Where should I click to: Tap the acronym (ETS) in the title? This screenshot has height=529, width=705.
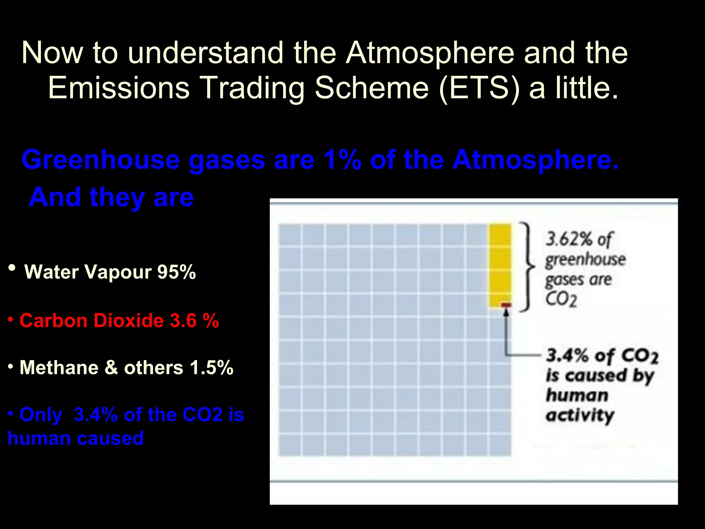click(x=480, y=88)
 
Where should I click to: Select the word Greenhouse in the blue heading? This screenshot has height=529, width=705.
click(x=101, y=160)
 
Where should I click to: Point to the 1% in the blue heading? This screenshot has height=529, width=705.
click(x=342, y=160)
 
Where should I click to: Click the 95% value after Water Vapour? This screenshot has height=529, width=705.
click(x=176, y=272)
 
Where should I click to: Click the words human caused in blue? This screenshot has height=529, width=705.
click(x=76, y=438)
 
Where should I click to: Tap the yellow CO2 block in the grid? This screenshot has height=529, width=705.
click(x=500, y=263)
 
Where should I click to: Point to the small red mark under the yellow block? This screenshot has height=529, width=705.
click(x=506, y=305)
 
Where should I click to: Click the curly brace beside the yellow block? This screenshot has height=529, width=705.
click(x=527, y=267)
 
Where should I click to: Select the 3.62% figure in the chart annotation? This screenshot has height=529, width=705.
click(x=569, y=239)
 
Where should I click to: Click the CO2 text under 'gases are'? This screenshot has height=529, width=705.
click(x=561, y=299)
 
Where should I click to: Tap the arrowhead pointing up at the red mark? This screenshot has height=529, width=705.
click(x=506, y=312)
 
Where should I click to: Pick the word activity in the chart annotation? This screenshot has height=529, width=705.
click(x=580, y=415)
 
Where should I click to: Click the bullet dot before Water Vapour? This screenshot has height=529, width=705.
click(x=12, y=268)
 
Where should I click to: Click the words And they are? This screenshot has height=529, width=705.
click(x=112, y=198)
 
